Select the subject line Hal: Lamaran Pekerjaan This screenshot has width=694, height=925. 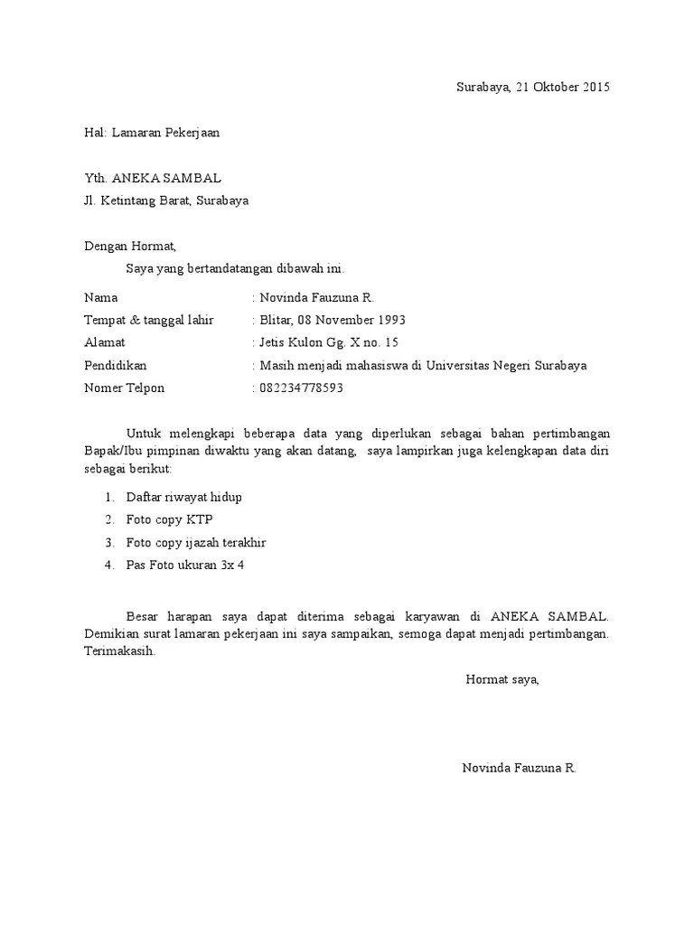(151, 133)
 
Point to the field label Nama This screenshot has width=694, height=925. (100, 297)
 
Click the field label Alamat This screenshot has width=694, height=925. (105, 342)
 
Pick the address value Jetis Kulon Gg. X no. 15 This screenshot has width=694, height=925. (329, 342)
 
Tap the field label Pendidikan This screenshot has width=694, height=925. (115, 366)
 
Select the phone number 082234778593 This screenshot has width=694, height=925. (302, 388)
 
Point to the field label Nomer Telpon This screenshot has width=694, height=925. (125, 388)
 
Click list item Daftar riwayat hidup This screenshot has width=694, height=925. (184, 497)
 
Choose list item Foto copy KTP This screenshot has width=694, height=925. (170, 519)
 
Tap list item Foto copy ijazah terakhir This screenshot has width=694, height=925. (196, 543)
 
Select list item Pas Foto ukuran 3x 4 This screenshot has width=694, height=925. (185, 565)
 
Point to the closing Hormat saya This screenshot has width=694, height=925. (502, 679)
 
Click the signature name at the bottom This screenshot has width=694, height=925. (519, 768)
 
